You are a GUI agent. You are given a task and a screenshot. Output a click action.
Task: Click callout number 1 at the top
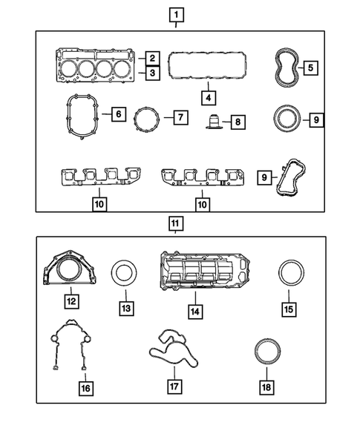[176, 14]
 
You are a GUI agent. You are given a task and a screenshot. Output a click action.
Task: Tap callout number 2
[151, 58]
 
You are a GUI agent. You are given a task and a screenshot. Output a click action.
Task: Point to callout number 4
[209, 96]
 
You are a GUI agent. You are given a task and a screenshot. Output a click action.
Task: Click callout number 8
[237, 121]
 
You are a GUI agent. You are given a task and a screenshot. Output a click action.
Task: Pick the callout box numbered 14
[194, 312]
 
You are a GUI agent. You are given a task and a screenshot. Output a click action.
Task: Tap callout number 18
[266, 387]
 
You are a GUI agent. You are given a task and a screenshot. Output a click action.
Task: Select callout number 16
[85, 387]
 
